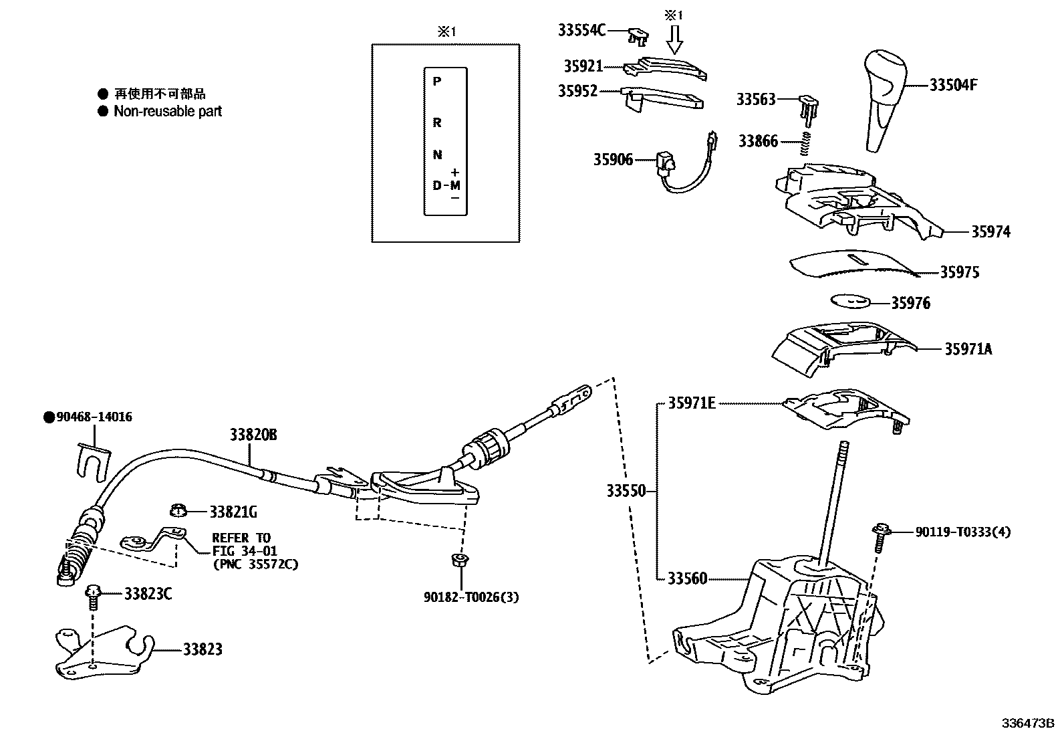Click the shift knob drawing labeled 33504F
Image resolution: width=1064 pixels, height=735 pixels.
[885, 100]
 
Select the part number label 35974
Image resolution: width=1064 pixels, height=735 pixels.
[990, 232]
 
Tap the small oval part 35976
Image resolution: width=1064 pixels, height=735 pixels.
[851, 301]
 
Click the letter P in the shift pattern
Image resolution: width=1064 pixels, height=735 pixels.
[436, 82]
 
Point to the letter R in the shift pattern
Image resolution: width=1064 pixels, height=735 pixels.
[436, 123]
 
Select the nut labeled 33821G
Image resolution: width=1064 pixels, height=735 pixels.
[177, 512]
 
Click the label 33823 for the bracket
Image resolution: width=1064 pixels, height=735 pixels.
[203, 649]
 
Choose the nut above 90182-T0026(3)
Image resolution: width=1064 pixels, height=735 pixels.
[459, 560]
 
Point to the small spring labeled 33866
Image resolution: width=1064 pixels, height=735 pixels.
[807, 142]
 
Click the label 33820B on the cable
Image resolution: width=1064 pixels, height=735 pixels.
[253, 435]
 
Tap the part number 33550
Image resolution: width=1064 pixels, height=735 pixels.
[626, 491]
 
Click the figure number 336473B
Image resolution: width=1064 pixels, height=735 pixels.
[1027, 724]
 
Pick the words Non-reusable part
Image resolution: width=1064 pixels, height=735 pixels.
[168, 112]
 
